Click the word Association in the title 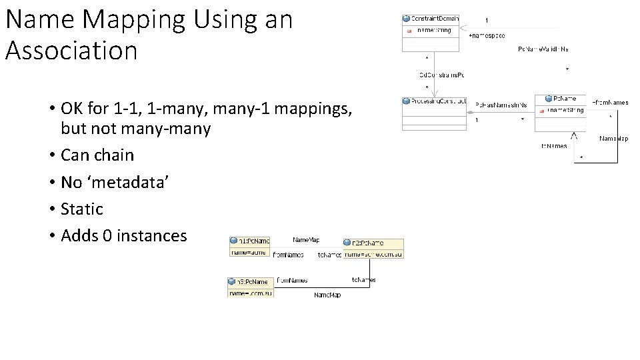tap(71, 51)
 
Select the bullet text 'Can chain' tap(97, 155)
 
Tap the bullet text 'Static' tap(81, 209)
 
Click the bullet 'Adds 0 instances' tap(123, 235)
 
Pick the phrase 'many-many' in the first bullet tap(177, 129)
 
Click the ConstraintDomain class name tap(435, 19)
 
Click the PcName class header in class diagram tap(564, 99)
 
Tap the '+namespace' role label tap(487, 35)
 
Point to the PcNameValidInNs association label tap(543, 49)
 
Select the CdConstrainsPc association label tap(441, 75)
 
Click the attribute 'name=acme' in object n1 tap(248, 252)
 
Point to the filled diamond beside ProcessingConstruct tap(471, 112)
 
